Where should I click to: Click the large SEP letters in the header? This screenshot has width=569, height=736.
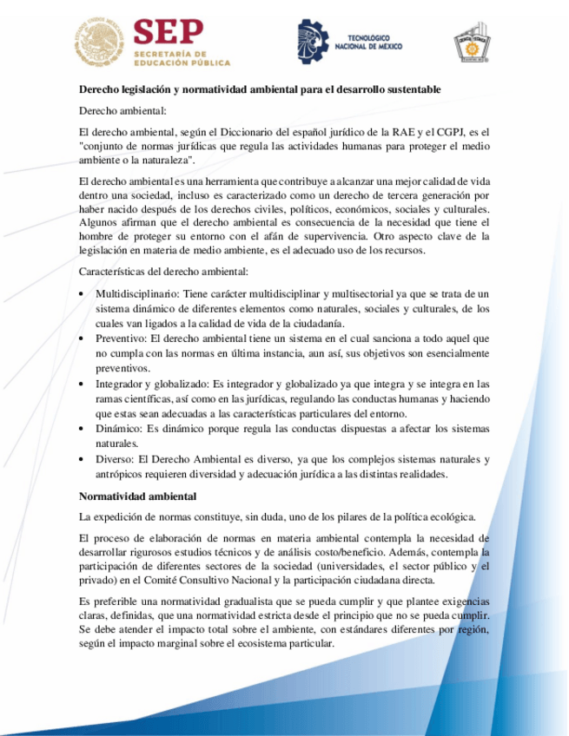point(169,34)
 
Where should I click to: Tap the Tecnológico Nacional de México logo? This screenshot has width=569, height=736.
point(347,42)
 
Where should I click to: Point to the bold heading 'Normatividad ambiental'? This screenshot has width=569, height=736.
point(138,496)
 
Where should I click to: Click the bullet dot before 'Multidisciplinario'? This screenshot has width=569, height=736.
point(82,294)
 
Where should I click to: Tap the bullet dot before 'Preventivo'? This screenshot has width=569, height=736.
point(82,338)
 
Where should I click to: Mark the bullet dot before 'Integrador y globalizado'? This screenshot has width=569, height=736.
point(82,383)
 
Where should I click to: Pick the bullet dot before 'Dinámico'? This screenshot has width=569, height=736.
point(82,428)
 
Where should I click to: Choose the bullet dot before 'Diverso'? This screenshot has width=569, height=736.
point(82,458)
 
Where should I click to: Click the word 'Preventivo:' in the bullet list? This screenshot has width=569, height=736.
point(120,338)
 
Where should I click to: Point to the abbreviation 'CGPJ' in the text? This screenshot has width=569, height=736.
point(450,132)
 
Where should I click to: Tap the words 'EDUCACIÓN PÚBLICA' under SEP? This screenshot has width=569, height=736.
point(182,63)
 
